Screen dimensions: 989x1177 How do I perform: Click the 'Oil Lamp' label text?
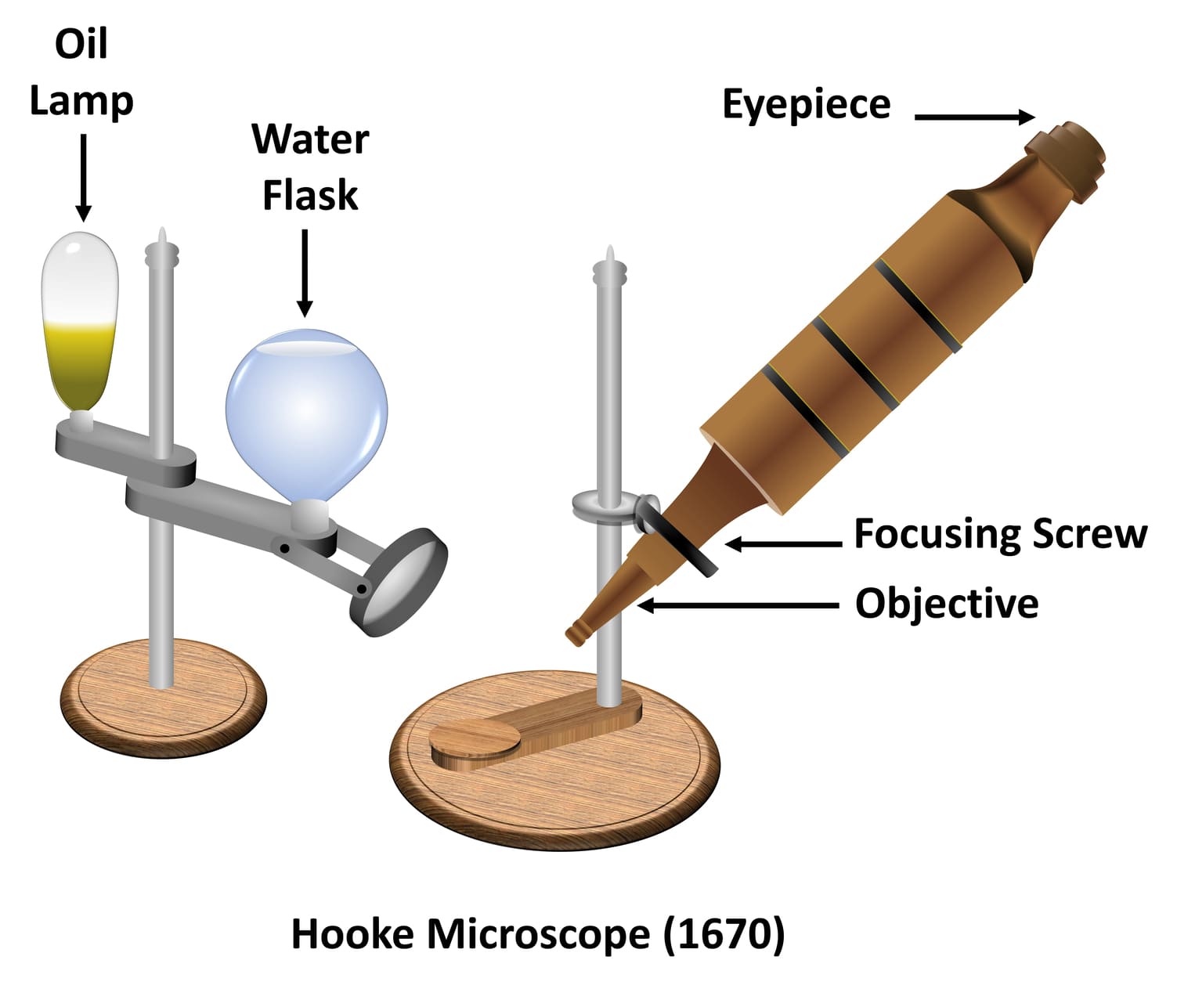(x=81, y=72)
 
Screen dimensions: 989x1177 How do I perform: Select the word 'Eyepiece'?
(x=806, y=105)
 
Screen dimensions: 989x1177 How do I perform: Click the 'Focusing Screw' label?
(x=1000, y=534)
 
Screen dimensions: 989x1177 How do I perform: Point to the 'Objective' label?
(x=947, y=604)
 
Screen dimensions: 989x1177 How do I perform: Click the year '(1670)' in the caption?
(x=724, y=934)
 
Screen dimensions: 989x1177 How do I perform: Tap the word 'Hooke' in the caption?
(x=352, y=934)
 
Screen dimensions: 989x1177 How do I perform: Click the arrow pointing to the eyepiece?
(x=974, y=117)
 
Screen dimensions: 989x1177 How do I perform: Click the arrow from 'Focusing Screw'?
(x=783, y=543)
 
